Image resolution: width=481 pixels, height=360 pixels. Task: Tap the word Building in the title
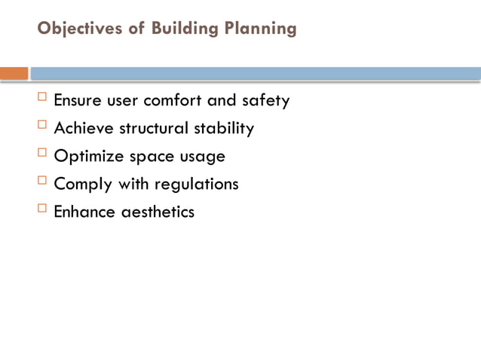pos(181,29)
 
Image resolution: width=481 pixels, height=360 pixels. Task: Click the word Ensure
pos(78,101)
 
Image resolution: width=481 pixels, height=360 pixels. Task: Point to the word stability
pos(224,129)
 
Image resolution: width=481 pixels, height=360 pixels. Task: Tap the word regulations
pos(197,185)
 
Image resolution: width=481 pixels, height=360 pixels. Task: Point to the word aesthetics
pos(158,212)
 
